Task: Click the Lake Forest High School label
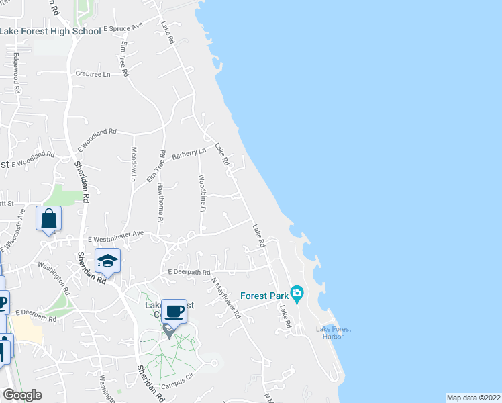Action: pyautogui.click(x=42, y=31)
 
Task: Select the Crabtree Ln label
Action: pyautogui.click(x=93, y=74)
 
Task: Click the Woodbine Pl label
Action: pyautogui.click(x=201, y=194)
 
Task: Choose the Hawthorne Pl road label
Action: pyautogui.click(x=160, y=201)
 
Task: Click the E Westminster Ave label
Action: pyautogui.click(x=116, y=235)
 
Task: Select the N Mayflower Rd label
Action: pyautogui.click(x=225, y=298)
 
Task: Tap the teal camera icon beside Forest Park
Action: pyautogui.click(x=297, y=293)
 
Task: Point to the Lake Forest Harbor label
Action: pyautogui.click(x=334, y=332)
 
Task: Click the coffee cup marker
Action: pyautogui.click(x=174, y=311)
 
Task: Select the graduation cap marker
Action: pyautogui.click(x=107, y=260)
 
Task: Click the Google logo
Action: pyautogui.click(x=22, y=395)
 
